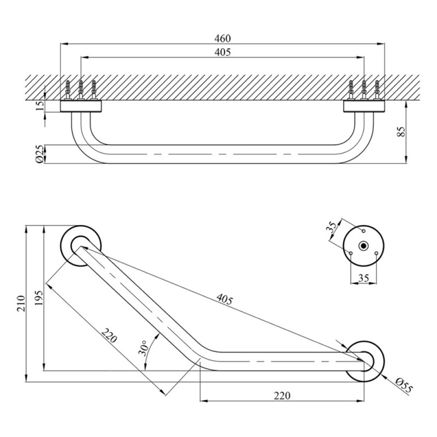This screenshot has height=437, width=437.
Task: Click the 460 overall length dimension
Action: pos(222,38)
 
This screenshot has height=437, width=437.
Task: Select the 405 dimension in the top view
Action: pos(222,52)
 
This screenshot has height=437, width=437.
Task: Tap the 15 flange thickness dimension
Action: pos(38,106)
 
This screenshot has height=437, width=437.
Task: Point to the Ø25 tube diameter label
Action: pos(38,154)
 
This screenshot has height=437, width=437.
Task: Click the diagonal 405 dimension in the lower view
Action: pos(225,299)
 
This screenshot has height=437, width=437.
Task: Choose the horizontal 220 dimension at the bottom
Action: pos(282,395)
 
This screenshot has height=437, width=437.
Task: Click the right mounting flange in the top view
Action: pos(364,105)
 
